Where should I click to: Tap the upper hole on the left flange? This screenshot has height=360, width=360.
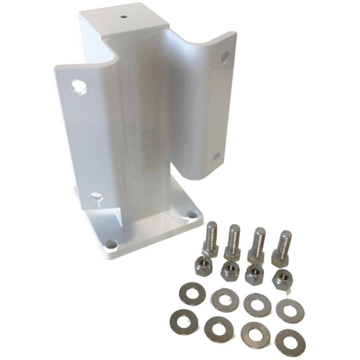coord(79,86)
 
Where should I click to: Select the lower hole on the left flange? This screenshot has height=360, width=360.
coord(96,196)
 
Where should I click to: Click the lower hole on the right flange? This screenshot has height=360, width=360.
coord(216,157)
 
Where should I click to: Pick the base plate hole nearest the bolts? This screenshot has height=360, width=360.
coord(188,215)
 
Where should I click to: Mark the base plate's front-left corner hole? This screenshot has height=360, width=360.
coord(111,244)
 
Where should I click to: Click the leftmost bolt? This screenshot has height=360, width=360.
coord(210,240)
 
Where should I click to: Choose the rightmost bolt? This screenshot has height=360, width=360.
coord(282,248)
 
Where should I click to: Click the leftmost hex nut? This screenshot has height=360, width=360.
coord(204,265)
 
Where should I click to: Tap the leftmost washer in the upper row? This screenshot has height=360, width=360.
coord(192,294)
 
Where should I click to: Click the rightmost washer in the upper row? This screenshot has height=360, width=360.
coord(290,310)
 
